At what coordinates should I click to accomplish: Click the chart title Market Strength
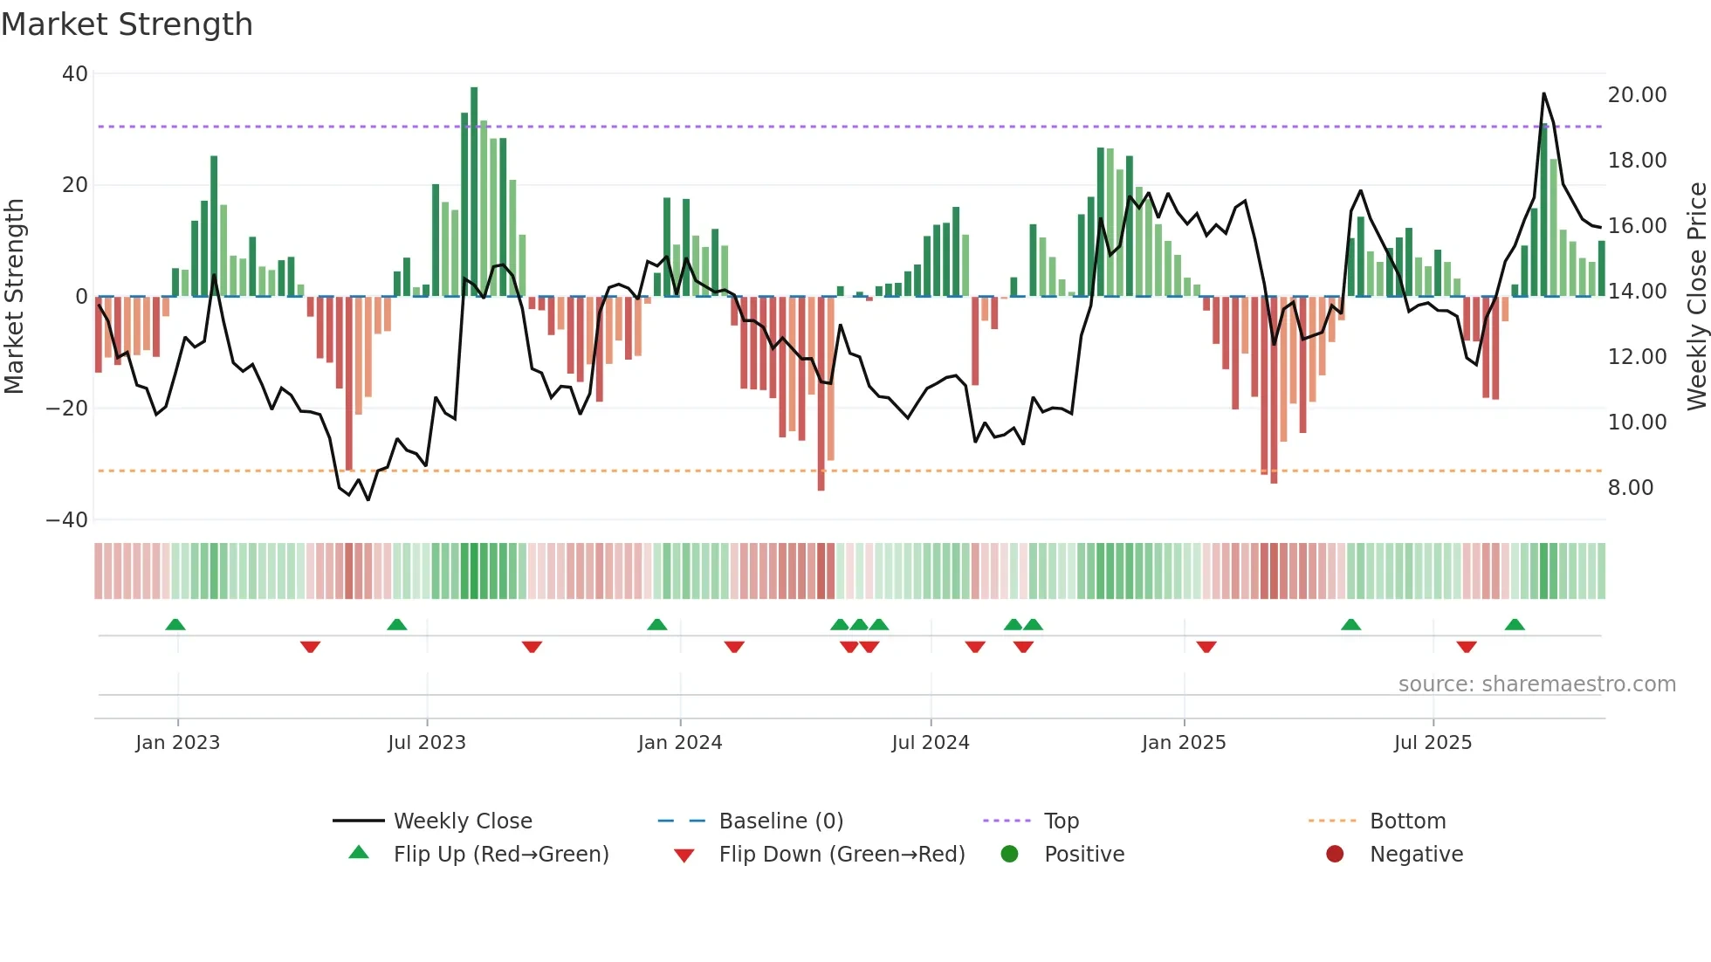pos(127,24)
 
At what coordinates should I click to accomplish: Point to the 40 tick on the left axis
pos(75,74)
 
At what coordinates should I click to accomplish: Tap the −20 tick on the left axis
pos(67,408)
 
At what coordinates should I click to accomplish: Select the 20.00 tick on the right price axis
pos(1637,94)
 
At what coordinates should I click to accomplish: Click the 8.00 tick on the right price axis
pos(1630,487)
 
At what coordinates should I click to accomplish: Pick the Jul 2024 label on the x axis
pos(930,743)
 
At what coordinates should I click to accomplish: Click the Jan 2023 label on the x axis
pos(177,743)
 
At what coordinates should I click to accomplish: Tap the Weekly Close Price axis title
pos(1696,295)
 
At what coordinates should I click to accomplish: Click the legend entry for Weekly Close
pos(462,821)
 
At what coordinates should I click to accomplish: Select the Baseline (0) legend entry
pos(780,821)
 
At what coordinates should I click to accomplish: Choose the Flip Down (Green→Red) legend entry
pos(841,854)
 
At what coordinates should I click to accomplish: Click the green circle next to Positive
pos(1009,854)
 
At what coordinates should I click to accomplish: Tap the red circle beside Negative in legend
pos(1335,854)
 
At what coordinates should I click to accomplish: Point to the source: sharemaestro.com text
pos(1536,684)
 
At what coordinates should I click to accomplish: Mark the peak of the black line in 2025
pos(1543,93)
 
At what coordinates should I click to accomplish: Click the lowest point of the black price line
pos(368,499)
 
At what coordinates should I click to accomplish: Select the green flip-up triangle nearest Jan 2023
pos(175,624)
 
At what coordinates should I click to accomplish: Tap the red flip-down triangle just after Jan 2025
pos(1206,647)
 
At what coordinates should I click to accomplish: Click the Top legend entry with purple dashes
pos(1061,821)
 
